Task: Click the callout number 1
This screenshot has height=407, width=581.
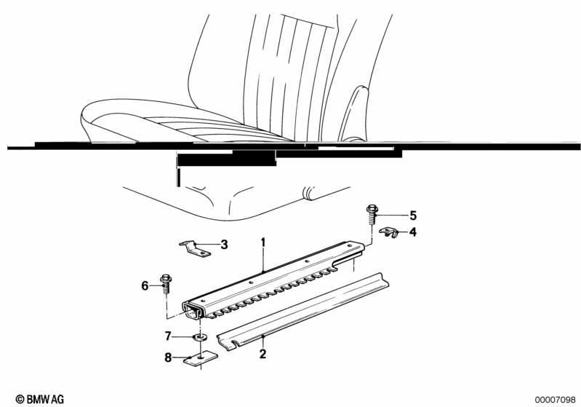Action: [x=263, y=242]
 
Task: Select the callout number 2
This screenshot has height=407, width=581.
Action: [x=263, y=354]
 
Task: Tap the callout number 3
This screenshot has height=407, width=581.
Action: [x=224, y=245]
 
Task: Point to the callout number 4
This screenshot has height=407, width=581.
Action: [x=413, y=232]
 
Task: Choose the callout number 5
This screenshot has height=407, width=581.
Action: [x=413, y=216]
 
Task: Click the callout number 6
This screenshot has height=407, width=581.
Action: [x=145, y=285]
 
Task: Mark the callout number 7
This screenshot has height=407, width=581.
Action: [x=168, y=336]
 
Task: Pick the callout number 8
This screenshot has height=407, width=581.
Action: [x=168, y=357]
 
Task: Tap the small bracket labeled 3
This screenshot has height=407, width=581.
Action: [x=195, y=248]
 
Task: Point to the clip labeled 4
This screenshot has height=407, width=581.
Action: [x=388, y=232]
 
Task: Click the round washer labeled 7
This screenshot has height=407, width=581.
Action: [x=200, y=337]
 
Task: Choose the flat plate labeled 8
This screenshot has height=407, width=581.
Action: [x=201, y=357]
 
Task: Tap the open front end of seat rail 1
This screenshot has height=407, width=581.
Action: [x=193, y=309]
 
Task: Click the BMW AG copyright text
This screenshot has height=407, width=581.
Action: [x=40, y=399]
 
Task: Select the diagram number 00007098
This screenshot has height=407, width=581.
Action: [x=555, y=400]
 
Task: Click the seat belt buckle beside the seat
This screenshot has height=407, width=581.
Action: [x=355, y=113]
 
